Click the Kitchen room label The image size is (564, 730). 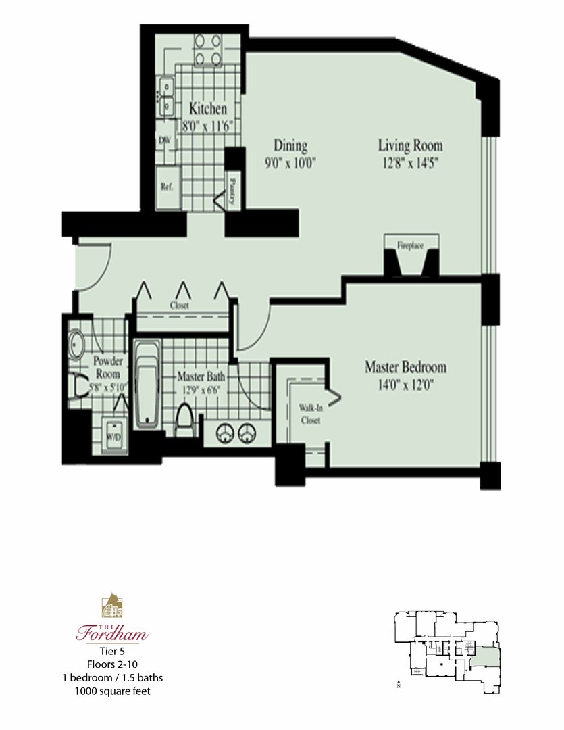pyautogui.click(x=207, y=109)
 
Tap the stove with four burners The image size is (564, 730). pyautogui.click(x=208, y=49)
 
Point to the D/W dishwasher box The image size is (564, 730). pyautogui.click(x=164, y=140)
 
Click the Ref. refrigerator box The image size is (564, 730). pyautogui.click(x=167, y=187)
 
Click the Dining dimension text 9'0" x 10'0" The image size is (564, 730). pyautogui.click(x=290, y=162)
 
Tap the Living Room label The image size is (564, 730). pyautogui.click(x=410, y=145)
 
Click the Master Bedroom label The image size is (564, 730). pyautogui.click(x=405, y=368)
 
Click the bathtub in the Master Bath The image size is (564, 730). pyautogui.click(x=147, y=384)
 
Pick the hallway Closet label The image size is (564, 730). pyautogui.click(x=180, y=306)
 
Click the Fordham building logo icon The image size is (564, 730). pyautogui.click(x=112, y=606)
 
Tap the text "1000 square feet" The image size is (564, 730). pyautogui.click(x=112, y=690)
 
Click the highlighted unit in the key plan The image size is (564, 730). pyautogui.click(x=486, y=656)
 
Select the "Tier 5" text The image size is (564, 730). pyautogui.click(x=112, y=652)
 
